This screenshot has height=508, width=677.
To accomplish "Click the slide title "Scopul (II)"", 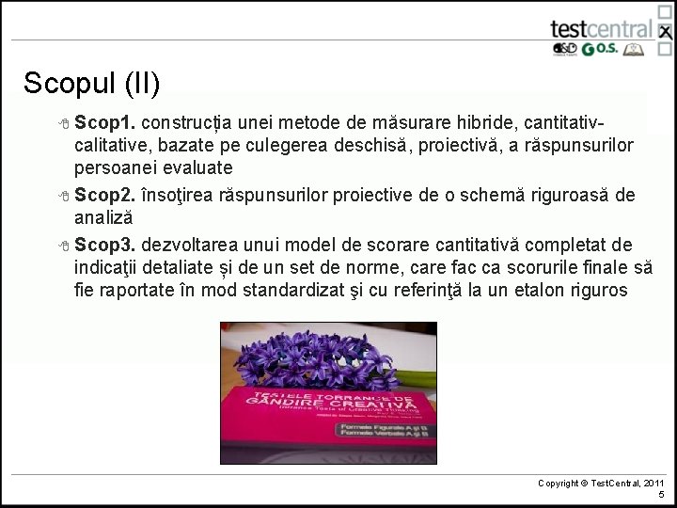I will [x=92, y=84].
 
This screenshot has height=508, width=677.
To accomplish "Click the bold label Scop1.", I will [x=106, y=124].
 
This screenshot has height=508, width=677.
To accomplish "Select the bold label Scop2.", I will [x=106, y=195].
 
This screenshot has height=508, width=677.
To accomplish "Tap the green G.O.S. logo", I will [x=601, y=51].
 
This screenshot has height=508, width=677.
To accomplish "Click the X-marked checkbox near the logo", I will [x=665, y=33].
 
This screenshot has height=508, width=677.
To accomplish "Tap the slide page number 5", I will [x=661, y=495].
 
